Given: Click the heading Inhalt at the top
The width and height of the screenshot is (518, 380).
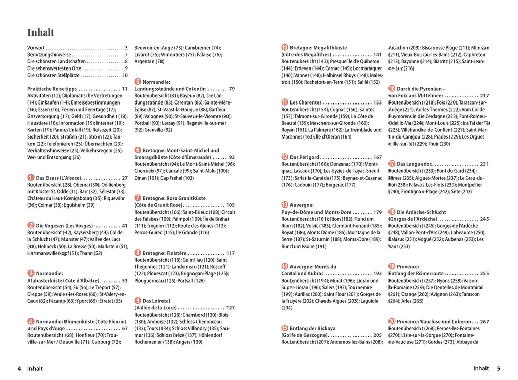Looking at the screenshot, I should point(41,32).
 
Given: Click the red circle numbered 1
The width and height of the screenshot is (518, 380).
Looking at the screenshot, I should point(31,178).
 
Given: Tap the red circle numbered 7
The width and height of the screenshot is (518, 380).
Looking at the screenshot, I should point(138,198).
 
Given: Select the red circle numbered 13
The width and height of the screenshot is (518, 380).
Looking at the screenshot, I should point(285,204).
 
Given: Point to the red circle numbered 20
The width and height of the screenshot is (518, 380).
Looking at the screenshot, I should point(392,321).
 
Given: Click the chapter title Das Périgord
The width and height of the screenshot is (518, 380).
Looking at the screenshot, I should point(304,157).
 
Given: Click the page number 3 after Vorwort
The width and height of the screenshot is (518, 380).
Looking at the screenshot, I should point(126,48).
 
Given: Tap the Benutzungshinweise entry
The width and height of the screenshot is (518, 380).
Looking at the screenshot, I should point(49,54).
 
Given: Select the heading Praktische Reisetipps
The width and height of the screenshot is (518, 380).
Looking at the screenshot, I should point(52,89).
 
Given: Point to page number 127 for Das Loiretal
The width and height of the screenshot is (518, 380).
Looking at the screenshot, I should point(230,307).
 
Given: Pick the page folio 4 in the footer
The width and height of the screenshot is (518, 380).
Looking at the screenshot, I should point(19,369).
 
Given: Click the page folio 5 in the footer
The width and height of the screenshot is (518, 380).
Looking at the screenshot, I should point(499,369).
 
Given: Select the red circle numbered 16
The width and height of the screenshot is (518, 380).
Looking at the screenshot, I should point(392,88).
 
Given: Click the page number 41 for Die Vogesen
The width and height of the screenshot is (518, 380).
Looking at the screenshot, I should point(125,225).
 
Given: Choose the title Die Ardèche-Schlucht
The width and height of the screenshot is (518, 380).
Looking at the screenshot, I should point(421,212).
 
